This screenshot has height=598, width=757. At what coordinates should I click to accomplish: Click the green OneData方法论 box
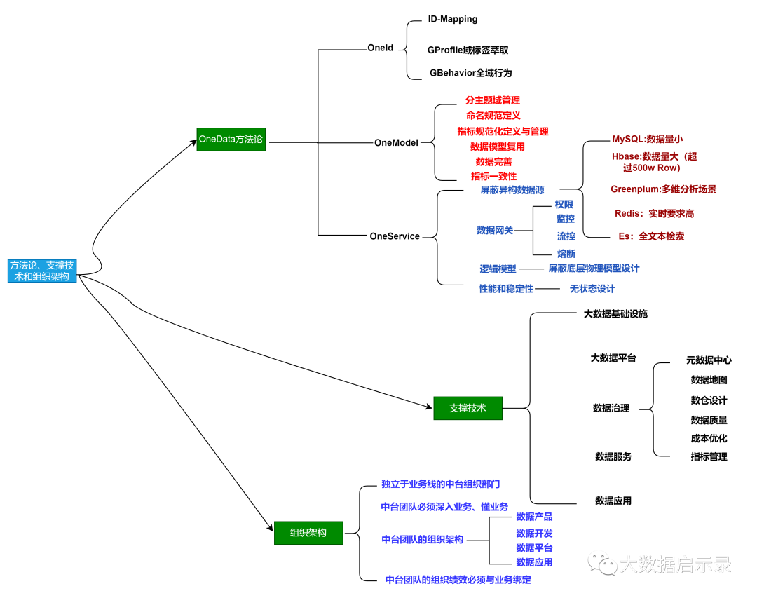click(x=231, y=140)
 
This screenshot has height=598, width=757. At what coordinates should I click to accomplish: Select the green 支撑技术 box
click(x=468, y=408)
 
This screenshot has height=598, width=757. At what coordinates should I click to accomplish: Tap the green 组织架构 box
click(x=308, y=533)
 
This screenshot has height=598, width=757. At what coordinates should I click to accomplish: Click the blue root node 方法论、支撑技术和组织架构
click(x=42, y=271)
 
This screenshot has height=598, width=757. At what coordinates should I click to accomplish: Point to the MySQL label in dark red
click(x=647, y=139)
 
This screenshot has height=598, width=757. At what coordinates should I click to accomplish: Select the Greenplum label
click(x=663, y=189)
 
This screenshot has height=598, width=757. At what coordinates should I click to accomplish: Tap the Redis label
click(x=654, y=213)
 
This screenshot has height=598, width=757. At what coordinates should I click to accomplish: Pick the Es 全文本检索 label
click(x=651, y=236)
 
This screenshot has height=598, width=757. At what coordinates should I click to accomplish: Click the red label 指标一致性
click(x=493, y=176)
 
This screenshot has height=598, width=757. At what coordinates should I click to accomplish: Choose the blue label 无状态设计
click(x=592, y=289)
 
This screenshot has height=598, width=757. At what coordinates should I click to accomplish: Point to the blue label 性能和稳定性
click(x=505, y=289)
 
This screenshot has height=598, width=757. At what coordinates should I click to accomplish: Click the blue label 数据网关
click(x=495, y=230)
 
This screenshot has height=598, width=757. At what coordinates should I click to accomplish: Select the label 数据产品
click(x=534, y=517)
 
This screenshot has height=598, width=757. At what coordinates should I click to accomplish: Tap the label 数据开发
click(x=534, y=534)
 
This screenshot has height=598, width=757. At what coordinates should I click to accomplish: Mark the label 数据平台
click(x=534, y=548)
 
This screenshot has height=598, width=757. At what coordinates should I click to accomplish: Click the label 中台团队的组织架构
click(x=422, y=539)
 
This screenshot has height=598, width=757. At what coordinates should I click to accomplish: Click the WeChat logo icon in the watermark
click(x=602, y=562)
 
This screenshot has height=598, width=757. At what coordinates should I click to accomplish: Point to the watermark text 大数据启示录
click(x=675, y=564)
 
